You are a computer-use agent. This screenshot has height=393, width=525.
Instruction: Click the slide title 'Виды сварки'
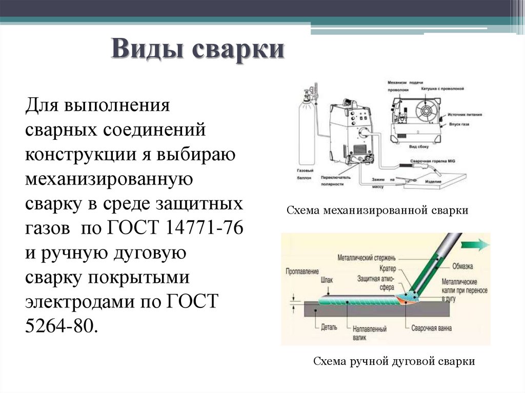click(x=197, y=51)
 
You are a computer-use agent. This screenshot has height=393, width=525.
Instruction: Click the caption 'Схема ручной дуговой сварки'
click(x=394, y=361)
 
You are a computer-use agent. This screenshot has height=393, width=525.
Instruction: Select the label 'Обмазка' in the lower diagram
click(x=462, y=266)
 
